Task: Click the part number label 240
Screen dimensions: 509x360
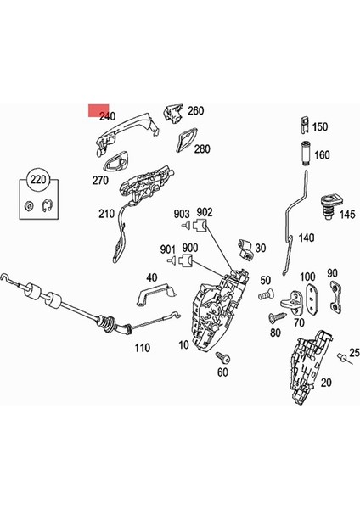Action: [107, 116]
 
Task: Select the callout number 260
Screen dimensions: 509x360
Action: [196, 111]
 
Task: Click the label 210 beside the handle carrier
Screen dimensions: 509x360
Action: [107, 214]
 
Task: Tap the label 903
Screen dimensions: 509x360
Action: [181, 214]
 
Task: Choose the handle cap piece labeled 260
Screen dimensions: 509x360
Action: [175, 113]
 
